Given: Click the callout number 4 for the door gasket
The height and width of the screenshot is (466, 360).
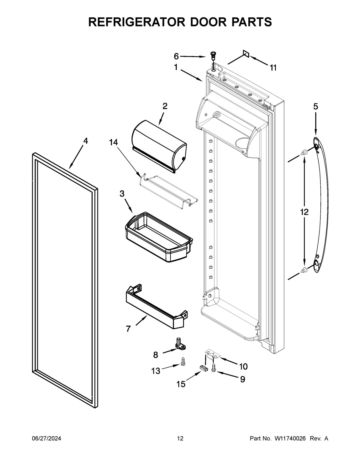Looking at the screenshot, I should [85, 141].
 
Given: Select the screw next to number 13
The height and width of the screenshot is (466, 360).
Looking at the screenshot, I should [182, 362].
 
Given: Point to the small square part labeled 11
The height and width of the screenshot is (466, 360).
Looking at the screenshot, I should [246, 53].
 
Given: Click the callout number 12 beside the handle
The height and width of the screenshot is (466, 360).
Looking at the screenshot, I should [304, 212].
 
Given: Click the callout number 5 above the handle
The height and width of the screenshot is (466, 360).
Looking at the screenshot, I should [316, 106].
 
